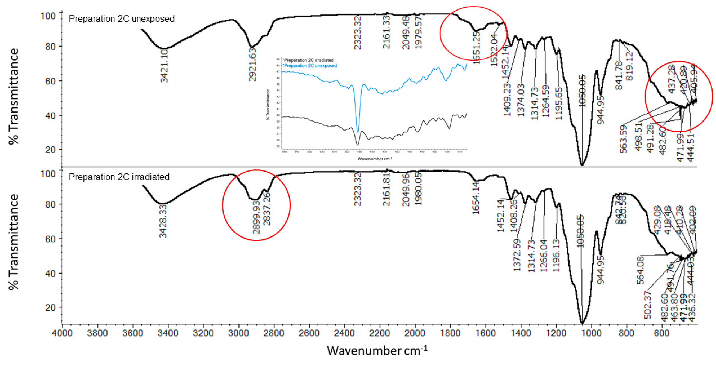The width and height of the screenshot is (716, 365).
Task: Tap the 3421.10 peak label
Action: click(x=164, y=66)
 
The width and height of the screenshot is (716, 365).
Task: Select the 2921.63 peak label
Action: click(x=252, y=65)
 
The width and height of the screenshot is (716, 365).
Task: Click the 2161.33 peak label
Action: click(x=386, y=32)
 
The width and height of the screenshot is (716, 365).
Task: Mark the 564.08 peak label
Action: click(x=640, y=270)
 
